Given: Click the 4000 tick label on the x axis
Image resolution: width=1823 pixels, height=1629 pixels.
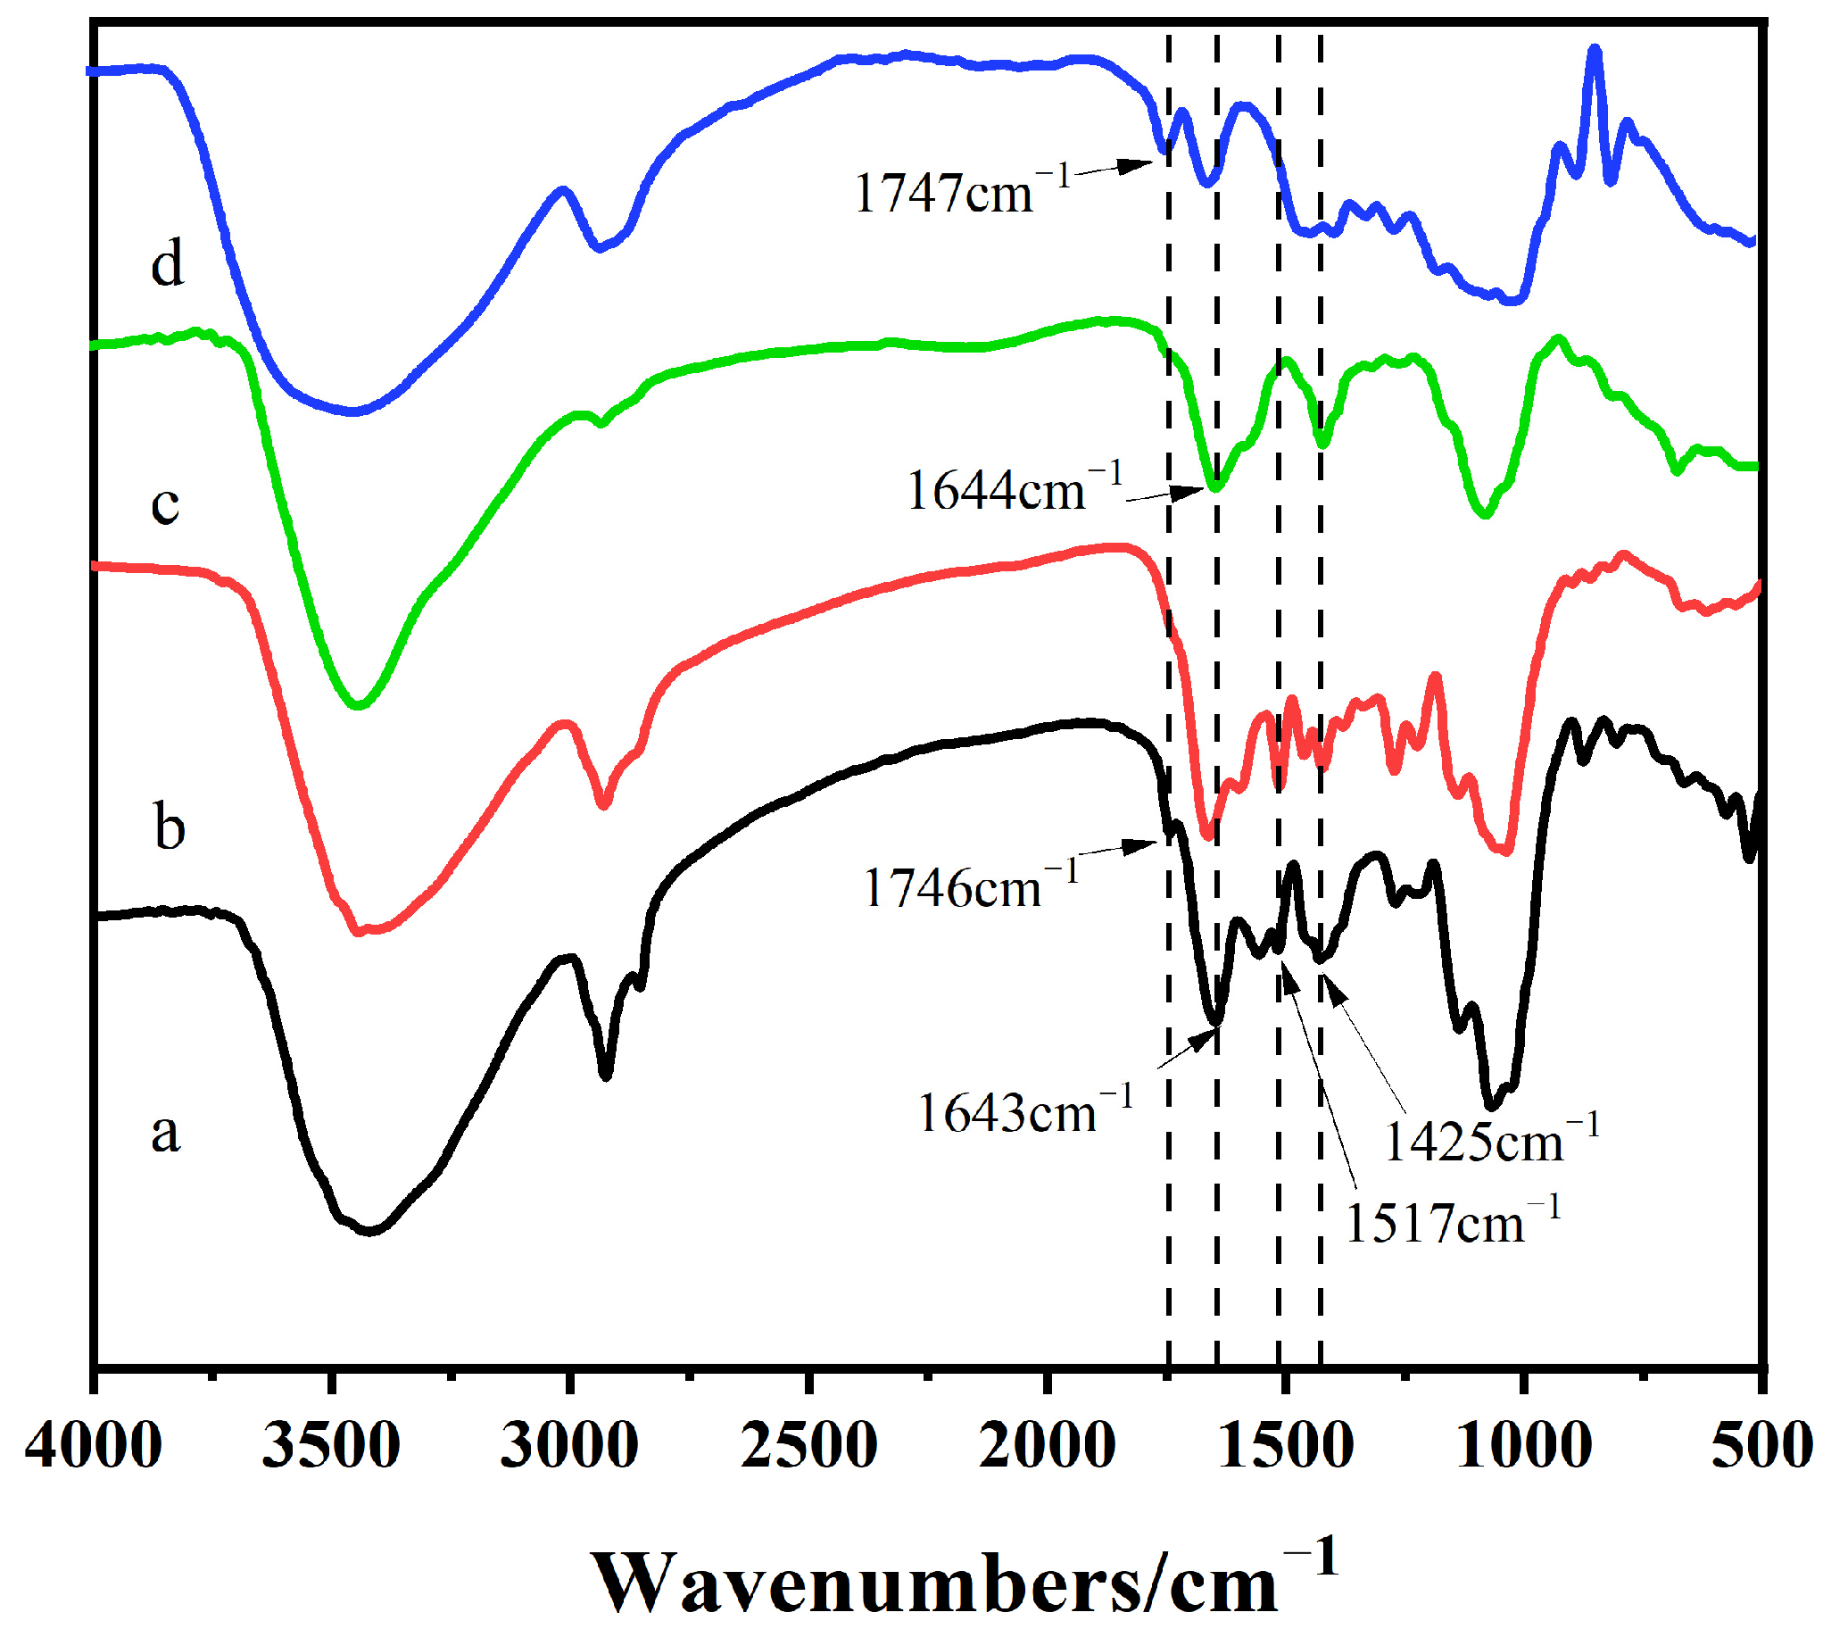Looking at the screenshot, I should coord(93,1446).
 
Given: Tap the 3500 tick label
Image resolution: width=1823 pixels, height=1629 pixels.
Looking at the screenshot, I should coord(331,1446).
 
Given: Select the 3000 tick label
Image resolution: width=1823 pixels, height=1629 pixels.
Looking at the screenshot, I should coord(569,1446).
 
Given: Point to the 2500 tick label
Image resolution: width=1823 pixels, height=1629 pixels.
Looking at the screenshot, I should coord(808,1446).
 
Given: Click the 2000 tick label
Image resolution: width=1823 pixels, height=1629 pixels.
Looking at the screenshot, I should coord(1046,1446).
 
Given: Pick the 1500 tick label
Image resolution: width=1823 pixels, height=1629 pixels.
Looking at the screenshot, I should coord(1285,1446).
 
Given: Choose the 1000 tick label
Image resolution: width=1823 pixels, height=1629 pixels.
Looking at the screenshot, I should coord(1523,1446).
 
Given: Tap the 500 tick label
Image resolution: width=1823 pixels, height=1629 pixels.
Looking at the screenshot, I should coord(1761,1446).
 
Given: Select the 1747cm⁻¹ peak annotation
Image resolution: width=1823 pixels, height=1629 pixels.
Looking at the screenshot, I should coord(962,191).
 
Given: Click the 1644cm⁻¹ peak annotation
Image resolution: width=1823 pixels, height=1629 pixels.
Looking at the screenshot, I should coord(1014,489).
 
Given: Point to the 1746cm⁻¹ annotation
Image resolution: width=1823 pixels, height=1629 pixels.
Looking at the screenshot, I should coord(971,886).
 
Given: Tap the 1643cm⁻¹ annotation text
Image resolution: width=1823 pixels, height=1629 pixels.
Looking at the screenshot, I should coord(1025,1111).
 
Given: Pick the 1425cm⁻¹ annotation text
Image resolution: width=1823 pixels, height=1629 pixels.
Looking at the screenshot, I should coord(1491,1141).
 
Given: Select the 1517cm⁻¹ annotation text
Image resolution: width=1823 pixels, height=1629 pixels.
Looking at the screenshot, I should coord(1453,1222).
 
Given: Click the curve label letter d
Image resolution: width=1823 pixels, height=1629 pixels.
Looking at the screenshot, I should coord(168,262).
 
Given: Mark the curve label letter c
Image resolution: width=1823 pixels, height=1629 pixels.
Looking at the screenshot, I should coord(166,504).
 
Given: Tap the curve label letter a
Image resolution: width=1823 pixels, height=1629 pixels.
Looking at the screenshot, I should coord(166,1132).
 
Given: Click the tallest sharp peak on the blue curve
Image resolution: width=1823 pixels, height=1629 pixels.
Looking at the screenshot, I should coord(1594,52).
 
